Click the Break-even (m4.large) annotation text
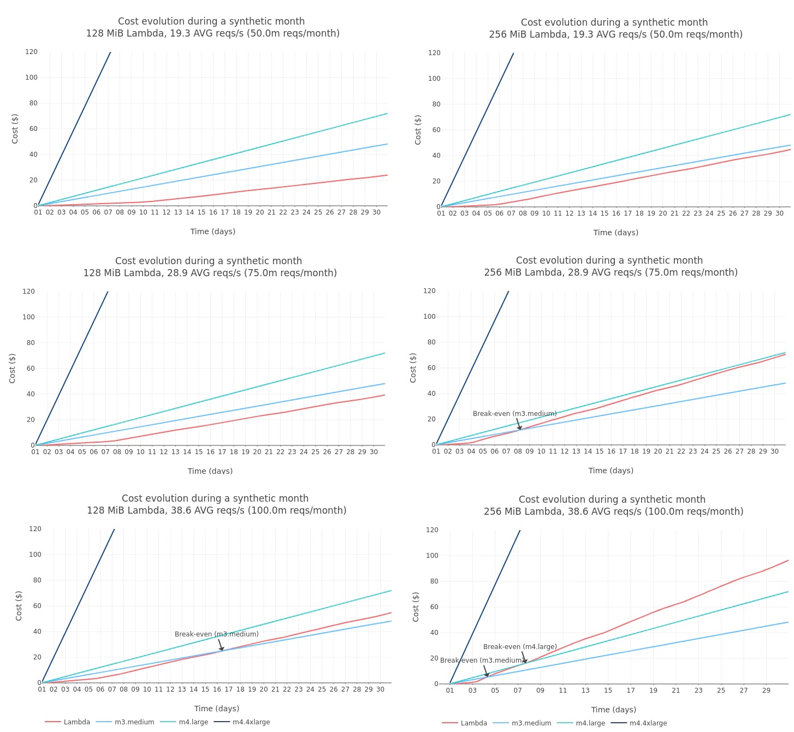point(520,647)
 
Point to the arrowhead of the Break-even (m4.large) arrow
point(526,663)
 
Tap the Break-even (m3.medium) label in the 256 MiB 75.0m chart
point(514,414)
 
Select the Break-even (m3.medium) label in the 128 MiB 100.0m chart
point(216,634)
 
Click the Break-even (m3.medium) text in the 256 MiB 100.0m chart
point(481,660)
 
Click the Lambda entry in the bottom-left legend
point(76,722)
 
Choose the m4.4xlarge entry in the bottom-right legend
point(648,723)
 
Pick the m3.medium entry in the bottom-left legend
point(134,722)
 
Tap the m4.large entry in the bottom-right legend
point(590,723)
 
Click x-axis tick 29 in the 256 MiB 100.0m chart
point(766,691)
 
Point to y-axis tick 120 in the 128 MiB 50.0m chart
point(31,52)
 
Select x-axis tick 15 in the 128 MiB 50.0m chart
point(202,212)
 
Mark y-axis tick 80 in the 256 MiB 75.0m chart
point(431,342)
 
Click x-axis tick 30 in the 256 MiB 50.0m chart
point(779,213)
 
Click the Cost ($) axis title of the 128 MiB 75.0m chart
point(13,368)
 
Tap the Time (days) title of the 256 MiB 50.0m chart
point(615,233)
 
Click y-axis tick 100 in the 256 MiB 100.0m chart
point(432,556)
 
